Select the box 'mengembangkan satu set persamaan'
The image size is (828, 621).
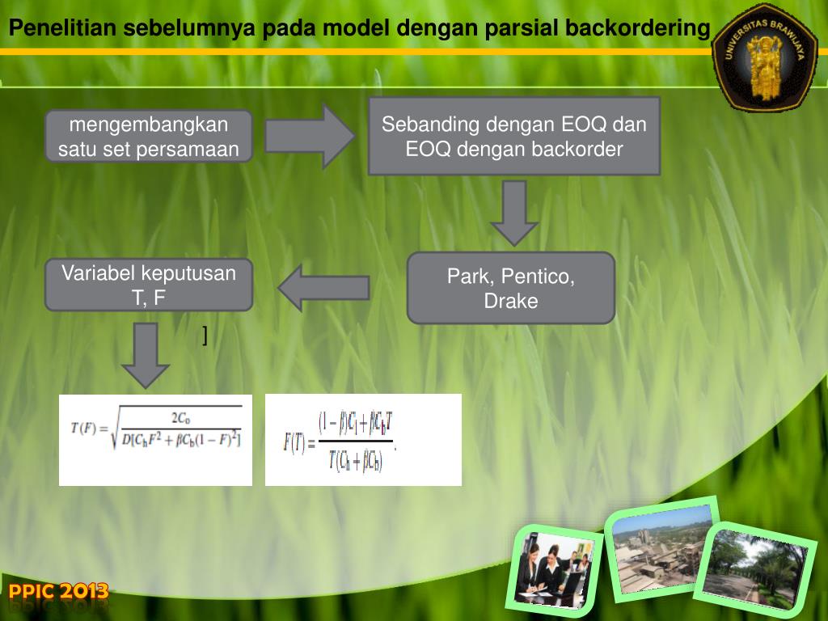click(x=149, y=137)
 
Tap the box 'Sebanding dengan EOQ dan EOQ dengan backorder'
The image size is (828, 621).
click(x=514, y=137)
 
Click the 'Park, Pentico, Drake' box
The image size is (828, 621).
click(x=511, y=288)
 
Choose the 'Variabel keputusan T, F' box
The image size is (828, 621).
click(x=149, y=285)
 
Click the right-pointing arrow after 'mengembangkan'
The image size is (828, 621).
click(x=310, y=136)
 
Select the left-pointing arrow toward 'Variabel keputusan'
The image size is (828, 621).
click(x=324, y=288)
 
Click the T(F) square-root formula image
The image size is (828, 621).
click(x=155, y=440)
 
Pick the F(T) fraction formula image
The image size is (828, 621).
click(x=363, y=440)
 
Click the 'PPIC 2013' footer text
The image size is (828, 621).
click(x=58, y=593)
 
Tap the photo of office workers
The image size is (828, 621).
click(x=554, y=568)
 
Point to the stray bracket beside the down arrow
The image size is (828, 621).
click(x=205, y=334)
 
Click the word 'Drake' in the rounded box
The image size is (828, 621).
click(x=511, y=302)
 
